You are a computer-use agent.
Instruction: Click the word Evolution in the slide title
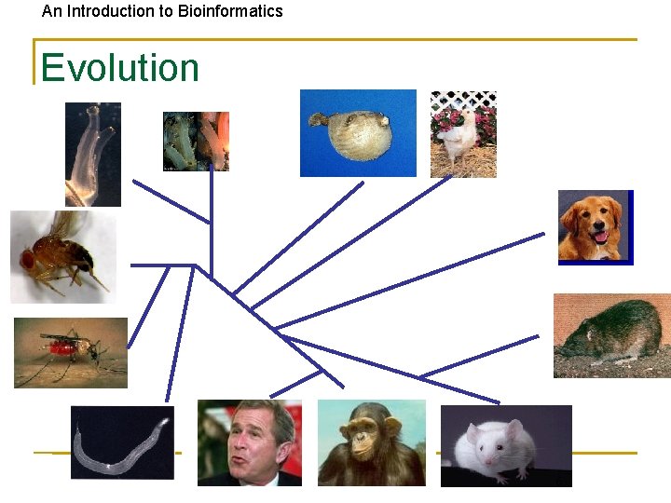pos(119,68)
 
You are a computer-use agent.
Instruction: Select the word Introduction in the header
pos(124,11)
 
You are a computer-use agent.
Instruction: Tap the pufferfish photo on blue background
pos(357,133)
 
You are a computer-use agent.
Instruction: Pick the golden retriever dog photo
pos(595,227)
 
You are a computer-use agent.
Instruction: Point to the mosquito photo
pos(70,352)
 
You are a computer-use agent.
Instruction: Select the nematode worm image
pos(121,442)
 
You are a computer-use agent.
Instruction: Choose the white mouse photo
pos(505,445)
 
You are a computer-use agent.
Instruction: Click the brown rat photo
pos(611,335)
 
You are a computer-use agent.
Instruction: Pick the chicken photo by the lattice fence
pos(462,134)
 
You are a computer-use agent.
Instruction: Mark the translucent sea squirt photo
pos(92,154)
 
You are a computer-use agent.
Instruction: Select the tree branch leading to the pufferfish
pos(298,237)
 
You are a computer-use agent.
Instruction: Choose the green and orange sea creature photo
pos(196,141)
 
